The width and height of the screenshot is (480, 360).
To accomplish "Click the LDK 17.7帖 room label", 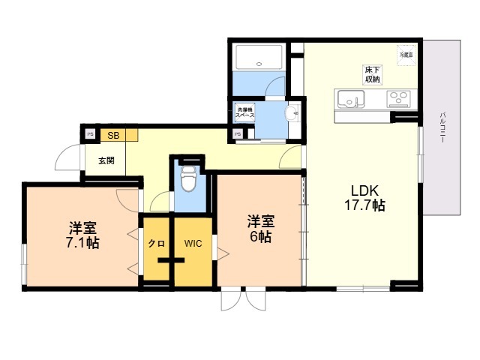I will (x=366, y=196).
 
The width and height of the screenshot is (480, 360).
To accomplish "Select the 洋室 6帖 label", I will (x=261, y=228).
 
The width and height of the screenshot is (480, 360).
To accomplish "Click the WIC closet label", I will (x=194, y=243).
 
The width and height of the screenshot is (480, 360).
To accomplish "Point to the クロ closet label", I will (x=156, y=243).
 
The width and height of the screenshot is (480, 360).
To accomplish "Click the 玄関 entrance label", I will (x=105, y=160).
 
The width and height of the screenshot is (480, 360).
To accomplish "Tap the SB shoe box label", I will (x=113, y=136).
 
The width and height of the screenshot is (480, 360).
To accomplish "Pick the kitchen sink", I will (x=351, y=99).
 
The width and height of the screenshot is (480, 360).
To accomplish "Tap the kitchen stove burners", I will (x=399, y=99).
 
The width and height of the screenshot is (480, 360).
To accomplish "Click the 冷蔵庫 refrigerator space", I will (x=406, y=55).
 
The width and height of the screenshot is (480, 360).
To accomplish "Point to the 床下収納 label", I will (x=373, y=73).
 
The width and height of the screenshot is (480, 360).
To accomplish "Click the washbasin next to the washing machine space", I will (x=292, y=114).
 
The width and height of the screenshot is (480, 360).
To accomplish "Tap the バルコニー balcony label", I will (x=443, y=127).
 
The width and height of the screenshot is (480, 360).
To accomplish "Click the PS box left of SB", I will (x=89, y=136).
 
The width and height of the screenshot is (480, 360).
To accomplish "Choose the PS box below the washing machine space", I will (x=237, y=136).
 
